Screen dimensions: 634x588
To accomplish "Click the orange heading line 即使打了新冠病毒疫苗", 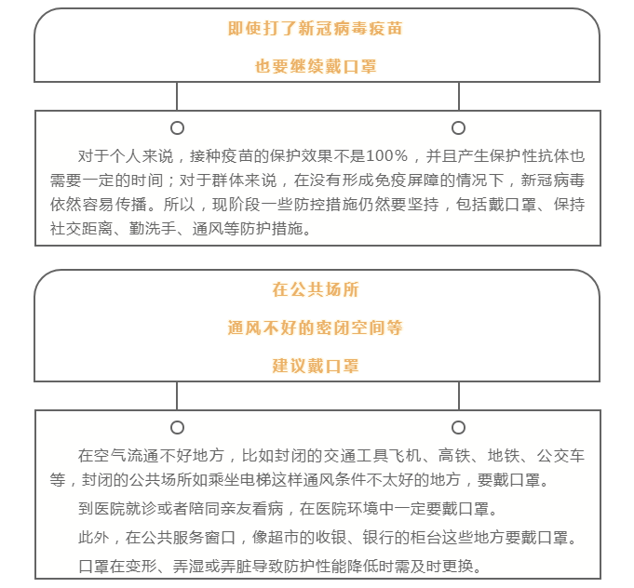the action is pyautogui.click(x=315, y=29).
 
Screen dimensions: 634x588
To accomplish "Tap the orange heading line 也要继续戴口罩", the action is pyautogui.click(x=316, y=66).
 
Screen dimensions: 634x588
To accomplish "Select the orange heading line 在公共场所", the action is pyautogui.click(x=316, y=289).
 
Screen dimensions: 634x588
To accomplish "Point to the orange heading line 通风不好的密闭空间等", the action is pyautogui.click(x=315, y=327).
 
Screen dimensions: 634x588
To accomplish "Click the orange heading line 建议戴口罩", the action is pyautogui.click(x=316, y=366).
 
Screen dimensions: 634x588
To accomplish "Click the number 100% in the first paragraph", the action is pyautogui.click(x=387, y=156).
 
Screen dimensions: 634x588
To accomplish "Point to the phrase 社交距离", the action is pyautogui.click(x=81, y=229).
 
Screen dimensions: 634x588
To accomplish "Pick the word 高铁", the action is pyautogui.click(x=454, y=456).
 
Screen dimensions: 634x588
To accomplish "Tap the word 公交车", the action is pyautogui.click(x=560, y=456).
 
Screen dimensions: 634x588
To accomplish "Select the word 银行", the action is pyautogui.click(x=379, y=538).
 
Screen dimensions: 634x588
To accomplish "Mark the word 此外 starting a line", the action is pyautogui.click(x=94, y=538).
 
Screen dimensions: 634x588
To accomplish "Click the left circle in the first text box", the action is pyautogui.click(x=177, y=123).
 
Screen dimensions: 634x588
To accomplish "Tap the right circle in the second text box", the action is pyautogui.click(x=458, y=421).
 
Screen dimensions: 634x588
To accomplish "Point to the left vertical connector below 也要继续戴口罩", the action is pyautogui.click(x=177, y=96).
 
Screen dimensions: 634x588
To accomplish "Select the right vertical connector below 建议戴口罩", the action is pyautogui.click(x=459, y=395).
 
